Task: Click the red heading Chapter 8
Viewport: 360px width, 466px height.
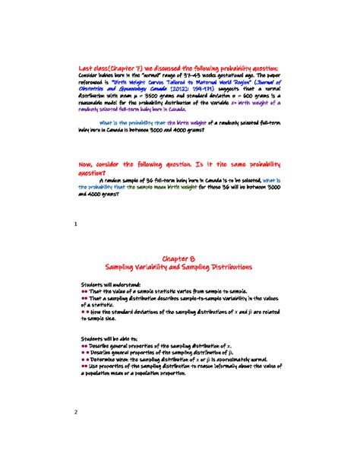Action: pos(180,259)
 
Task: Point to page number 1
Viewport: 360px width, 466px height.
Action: pos(76,224)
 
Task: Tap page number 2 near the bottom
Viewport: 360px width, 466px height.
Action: pos(76,414)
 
